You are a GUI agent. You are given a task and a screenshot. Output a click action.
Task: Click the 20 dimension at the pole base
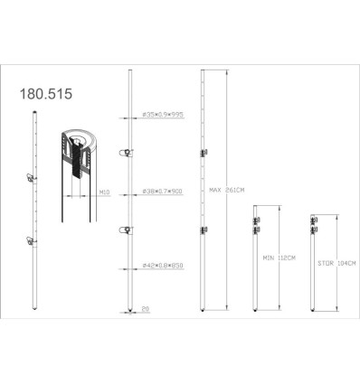tap(145, 309)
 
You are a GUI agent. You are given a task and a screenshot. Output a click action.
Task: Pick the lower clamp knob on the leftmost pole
tap(32, 239)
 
